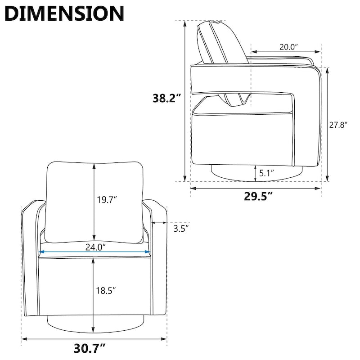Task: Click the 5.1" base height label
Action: click(x=266, y=172)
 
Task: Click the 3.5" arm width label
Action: click(x=180, y=229)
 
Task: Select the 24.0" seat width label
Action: click(x=95, y=247)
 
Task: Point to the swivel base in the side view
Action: click(x=256, y=173)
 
